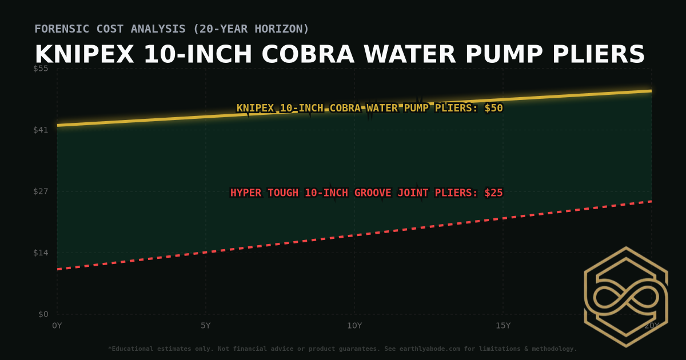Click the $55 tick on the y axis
point(41,69)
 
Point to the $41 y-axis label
point(41,130)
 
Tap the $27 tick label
point(41,191)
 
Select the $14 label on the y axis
point(41,253)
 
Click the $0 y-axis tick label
point(43,314)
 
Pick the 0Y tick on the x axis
point(57,326)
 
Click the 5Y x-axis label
point(205,326)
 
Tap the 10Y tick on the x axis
point(354,326)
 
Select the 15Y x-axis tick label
point(502,326)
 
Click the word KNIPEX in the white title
point(85,55)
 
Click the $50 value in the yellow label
point(493,108)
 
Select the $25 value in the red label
point(493,193)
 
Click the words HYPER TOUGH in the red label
point(264,193)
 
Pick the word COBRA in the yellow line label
point(344,108)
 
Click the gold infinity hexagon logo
point(625,297)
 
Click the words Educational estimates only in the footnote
point(157,349)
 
